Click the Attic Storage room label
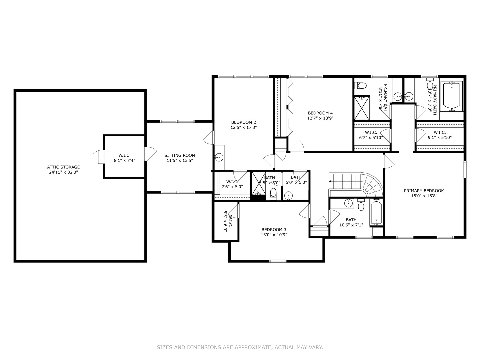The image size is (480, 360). pos(63,167)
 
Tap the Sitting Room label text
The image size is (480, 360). pos(180,155)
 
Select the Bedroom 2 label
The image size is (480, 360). pos(244,122)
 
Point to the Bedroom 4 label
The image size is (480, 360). pos(320,113)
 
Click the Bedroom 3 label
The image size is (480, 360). pos(274,230)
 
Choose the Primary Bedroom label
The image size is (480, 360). pos(424,191)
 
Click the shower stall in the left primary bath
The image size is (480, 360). pos(362,108)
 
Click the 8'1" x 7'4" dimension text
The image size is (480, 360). pos(124,160)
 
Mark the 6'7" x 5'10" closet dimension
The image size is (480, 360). pos(371,137)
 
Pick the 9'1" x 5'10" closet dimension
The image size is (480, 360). pos(440,137)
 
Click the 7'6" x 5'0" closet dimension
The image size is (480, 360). pos(232,187)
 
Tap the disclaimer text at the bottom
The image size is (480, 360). pos(240,347)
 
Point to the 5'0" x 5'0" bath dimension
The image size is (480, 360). pos(296,182)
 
